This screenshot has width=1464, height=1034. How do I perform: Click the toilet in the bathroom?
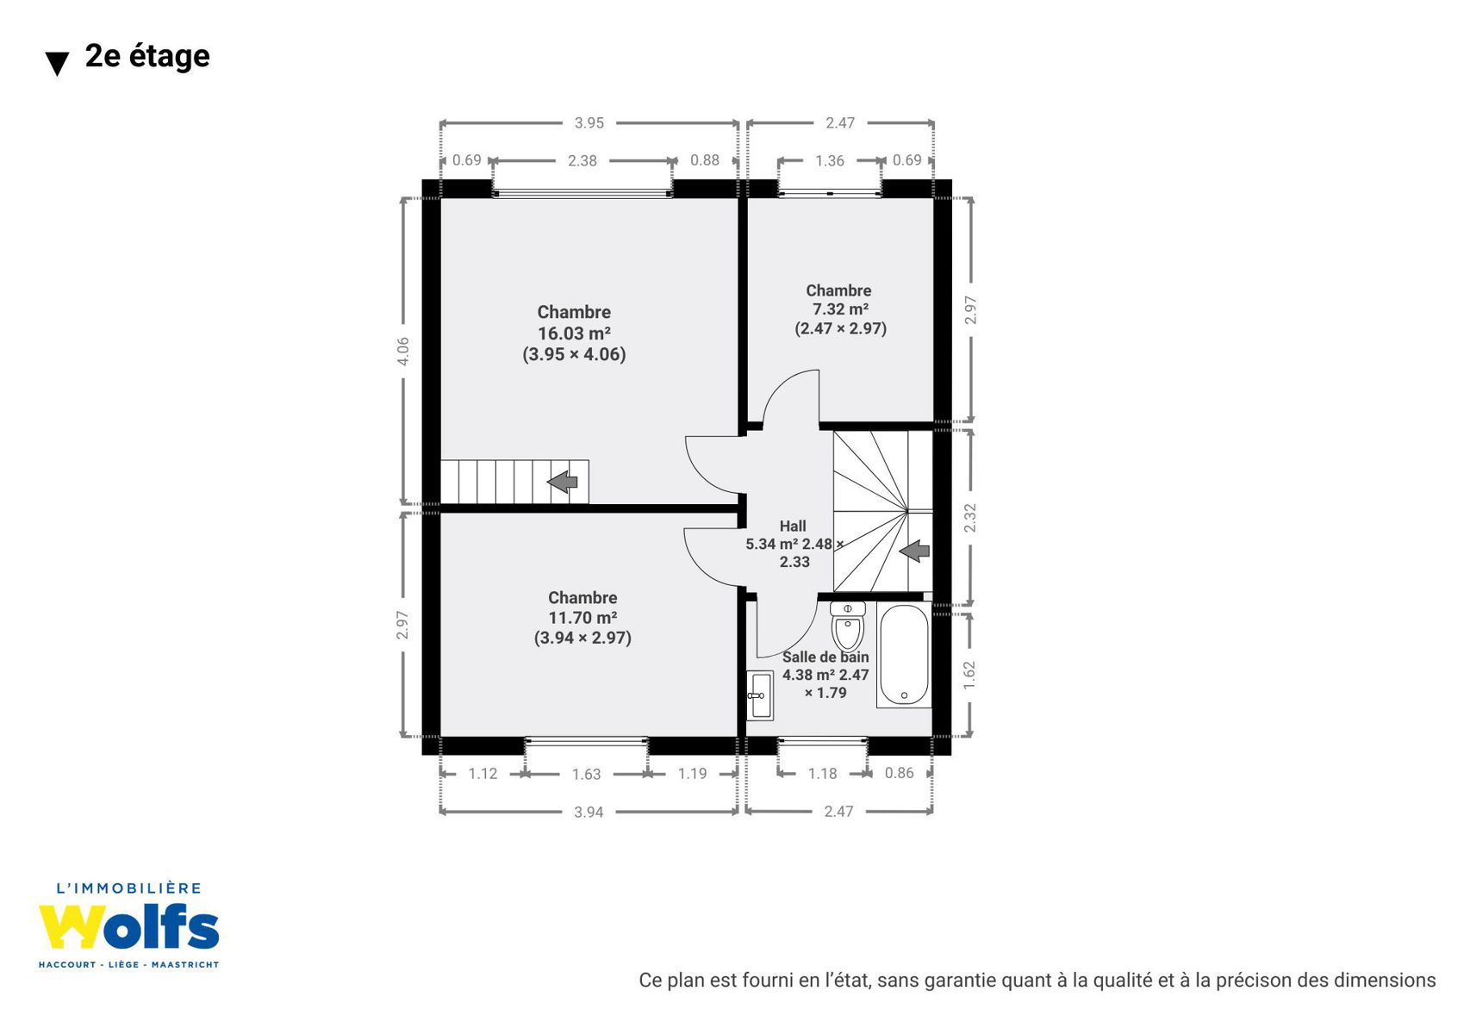(x=848, y=626)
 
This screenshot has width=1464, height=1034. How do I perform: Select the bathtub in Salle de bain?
(x=905, y=655)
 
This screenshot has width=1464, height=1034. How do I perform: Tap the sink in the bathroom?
(x=759, y=695)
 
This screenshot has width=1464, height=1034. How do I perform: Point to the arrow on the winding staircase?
(x=914, y=551)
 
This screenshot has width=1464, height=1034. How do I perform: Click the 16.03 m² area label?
(x=574, y=333)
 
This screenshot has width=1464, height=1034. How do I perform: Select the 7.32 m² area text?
(x=840, y=309)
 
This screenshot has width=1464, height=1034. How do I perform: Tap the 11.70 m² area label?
(x=582, y=618)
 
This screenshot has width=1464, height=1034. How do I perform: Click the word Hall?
(x=793, y=526)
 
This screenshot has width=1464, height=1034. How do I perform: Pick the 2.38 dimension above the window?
(x=582, y=161)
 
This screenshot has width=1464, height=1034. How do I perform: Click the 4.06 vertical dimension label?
(x=403, y=351)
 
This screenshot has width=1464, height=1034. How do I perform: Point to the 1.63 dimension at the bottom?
(x=586, y=775)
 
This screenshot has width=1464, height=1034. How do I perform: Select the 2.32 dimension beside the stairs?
(x=970, y=517)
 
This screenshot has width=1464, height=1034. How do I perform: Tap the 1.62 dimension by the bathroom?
(x=969, y=676)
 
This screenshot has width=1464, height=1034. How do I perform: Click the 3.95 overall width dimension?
(x=589, y=123)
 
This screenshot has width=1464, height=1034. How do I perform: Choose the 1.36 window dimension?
(x=830, y=161)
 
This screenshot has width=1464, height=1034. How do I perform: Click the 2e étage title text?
(x=147, y=56)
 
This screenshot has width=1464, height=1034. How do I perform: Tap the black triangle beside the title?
(x=57, y=64)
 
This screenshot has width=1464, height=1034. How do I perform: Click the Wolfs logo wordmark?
(x=128, y=927)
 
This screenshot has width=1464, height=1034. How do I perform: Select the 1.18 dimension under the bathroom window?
(x=822, y=774)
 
